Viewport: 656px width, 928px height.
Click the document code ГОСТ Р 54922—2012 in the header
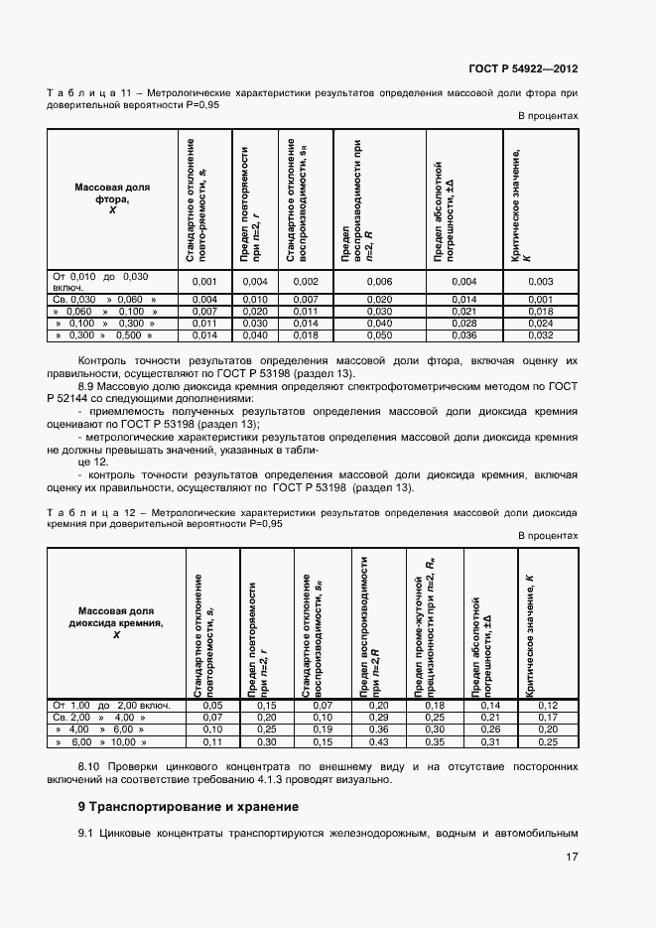pos(523,69)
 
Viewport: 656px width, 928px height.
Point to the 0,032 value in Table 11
pos(540,336)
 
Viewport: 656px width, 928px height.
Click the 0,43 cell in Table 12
pos(379,741)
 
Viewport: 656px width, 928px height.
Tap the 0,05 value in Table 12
pos(212,705)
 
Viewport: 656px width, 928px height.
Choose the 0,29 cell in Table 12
pos(379,717)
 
